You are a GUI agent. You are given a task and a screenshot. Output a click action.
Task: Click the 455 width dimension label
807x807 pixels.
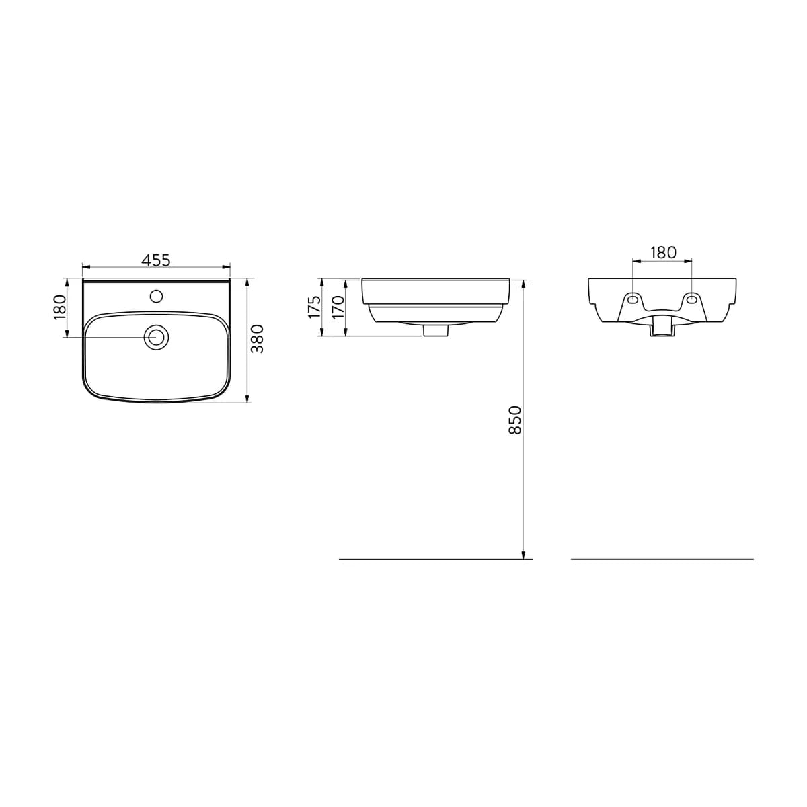pos(156,260)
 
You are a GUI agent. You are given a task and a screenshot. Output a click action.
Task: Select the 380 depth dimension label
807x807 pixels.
pos(257,339)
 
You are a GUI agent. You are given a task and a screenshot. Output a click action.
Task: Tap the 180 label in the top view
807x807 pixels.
pos(60,307)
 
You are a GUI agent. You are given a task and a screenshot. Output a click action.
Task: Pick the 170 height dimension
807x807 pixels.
pos(338,307)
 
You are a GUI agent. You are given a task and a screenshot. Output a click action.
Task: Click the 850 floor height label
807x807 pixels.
pos(514,420)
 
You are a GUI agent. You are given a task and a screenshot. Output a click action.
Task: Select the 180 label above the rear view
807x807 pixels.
pos(663,253)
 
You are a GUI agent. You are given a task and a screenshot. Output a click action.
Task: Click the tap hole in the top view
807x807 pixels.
pos(156,297)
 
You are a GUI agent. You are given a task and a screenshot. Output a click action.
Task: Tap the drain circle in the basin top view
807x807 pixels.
pos(156,337)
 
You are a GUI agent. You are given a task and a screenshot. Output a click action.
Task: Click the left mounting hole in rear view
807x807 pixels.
pos(633,299)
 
